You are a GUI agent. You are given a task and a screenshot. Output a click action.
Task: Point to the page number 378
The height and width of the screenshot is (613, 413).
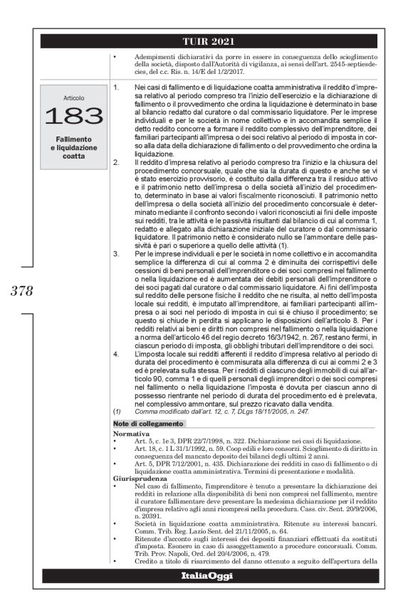[23, 290]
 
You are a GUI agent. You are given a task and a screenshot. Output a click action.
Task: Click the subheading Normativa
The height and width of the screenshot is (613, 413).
[131, 432]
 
